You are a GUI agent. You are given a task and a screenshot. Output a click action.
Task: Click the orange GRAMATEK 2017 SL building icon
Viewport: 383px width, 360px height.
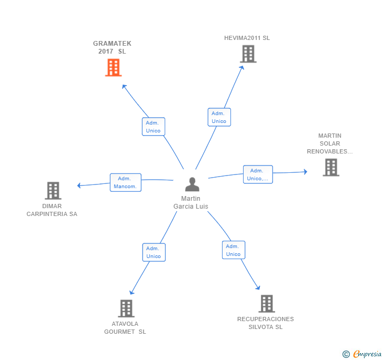pos(113,67)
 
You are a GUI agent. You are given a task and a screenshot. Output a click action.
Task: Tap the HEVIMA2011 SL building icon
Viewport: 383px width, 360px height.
pos(248,54)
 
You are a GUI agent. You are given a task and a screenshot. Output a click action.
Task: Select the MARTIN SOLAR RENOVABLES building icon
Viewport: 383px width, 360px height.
pos(330,167)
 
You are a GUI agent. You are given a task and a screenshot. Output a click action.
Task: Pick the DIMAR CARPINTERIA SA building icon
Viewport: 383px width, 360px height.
pos(53,190)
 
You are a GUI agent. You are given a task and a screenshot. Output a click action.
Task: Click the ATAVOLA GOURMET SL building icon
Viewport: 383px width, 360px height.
pos(126,308)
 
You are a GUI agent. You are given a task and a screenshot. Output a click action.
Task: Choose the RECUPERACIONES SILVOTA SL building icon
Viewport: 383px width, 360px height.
pos(267,303)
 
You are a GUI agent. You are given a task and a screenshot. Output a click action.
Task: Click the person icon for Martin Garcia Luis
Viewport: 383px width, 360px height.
pos(192,184)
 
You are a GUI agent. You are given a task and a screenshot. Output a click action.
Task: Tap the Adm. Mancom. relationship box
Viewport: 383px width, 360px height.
pos(125,182)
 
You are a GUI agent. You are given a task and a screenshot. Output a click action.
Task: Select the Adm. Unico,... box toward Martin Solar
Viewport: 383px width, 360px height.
pos(258,174)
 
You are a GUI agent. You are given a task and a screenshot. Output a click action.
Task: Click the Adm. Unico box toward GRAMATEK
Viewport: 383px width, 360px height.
pos(153,127)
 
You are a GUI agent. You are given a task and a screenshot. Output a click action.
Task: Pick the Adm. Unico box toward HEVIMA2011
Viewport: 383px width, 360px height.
pos(219,117)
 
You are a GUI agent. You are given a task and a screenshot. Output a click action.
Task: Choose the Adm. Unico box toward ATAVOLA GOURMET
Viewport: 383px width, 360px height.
pos(154,252)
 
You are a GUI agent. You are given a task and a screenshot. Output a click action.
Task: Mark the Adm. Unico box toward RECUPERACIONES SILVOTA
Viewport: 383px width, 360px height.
pos(233,250)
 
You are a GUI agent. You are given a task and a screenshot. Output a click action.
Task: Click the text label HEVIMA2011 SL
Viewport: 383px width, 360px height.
pos(247,38)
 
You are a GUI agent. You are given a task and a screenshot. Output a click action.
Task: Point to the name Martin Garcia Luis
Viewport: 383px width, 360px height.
pos(191,202)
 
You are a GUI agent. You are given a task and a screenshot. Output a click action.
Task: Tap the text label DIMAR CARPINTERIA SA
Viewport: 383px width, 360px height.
pos(52,210)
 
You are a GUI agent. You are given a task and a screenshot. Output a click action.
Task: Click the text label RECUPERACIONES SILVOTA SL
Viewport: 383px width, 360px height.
pos(266,323)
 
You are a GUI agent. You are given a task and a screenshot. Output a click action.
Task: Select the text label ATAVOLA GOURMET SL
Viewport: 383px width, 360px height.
pos(125,327)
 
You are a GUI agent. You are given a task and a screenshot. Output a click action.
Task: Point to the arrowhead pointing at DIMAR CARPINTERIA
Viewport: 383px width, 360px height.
pos(79,185)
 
